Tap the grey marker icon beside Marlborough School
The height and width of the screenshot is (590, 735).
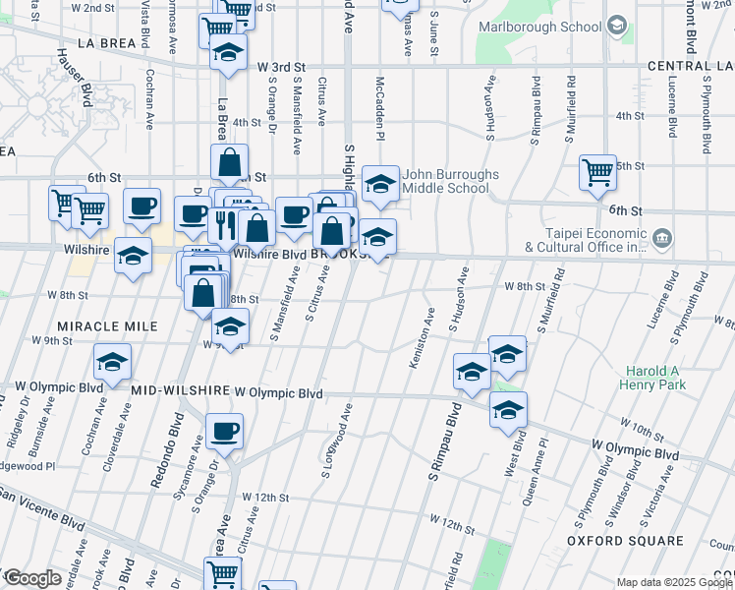tap(617, 24)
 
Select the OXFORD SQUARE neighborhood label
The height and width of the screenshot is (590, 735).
tap(625, 541)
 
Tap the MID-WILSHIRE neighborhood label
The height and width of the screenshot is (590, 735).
tap(180, 392)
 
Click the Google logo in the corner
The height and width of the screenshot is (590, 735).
tap(32, 578)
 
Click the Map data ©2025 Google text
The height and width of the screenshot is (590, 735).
tap(674, 582)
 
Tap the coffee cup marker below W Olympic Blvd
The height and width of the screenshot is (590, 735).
tap(225, 431)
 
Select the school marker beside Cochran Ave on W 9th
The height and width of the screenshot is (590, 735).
tap(113, 362)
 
